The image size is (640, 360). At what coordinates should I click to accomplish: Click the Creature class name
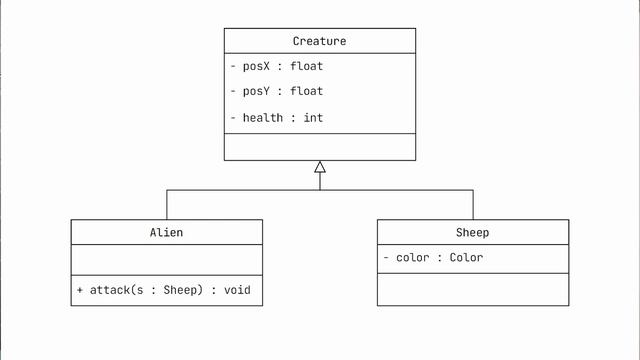(x=319, y=41)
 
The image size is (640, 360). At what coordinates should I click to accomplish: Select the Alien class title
(x=166, y=232)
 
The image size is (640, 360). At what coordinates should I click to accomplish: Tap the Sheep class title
(x=472, y=232)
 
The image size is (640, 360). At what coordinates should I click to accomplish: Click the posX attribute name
(x=257, y=67)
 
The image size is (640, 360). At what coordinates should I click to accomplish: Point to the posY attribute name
(x=257, y=92)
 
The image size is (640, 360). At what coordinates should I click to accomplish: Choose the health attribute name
(x=263, y=118)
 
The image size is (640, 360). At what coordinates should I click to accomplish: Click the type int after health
(x=313, y=118)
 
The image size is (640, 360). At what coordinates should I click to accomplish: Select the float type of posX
(x=306, y=67)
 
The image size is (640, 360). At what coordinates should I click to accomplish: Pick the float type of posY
(x=306, y=92)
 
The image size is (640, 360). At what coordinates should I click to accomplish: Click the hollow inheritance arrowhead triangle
(x=320, y=167)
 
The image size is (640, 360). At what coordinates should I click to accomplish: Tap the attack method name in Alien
(x=109, y=290)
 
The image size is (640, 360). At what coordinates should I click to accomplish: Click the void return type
(x=237, y=290)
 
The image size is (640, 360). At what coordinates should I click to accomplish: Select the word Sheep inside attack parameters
(x=180, y=290)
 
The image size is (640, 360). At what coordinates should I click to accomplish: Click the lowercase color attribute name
(x=412, y=258)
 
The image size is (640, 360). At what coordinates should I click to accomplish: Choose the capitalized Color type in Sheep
(x=466, y=258)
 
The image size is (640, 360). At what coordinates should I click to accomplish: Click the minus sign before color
(x=386, y=258)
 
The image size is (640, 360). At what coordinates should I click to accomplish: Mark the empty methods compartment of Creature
(x=319, y=147)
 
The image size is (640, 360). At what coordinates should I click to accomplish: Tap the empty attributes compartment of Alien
(x=166, y=260)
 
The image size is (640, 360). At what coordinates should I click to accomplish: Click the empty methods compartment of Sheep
(x=472, y=289)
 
